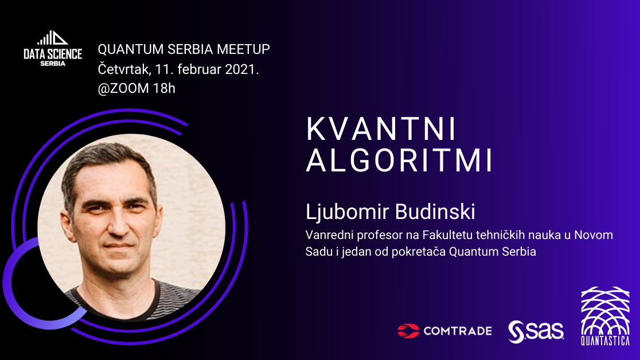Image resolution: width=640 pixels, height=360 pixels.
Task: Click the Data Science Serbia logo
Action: [x=53, y=48]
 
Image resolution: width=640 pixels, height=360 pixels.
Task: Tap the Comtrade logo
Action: [x=444, y=331]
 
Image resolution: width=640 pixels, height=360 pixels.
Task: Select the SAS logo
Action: [x=536, y=331]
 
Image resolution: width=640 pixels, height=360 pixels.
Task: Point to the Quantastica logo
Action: [x=606, y=316]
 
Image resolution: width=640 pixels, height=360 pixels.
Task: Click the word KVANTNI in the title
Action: [x=381, y=130]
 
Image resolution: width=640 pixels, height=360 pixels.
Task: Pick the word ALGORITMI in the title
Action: [x=400, y=161]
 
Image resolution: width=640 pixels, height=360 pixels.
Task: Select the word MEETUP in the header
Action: [x=243, y=49]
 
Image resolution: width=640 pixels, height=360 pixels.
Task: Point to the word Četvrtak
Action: [x=124, y=69]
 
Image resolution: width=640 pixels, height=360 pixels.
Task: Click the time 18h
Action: [x=164, y=88]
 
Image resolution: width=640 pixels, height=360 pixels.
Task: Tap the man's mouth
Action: [x=119, y=246]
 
